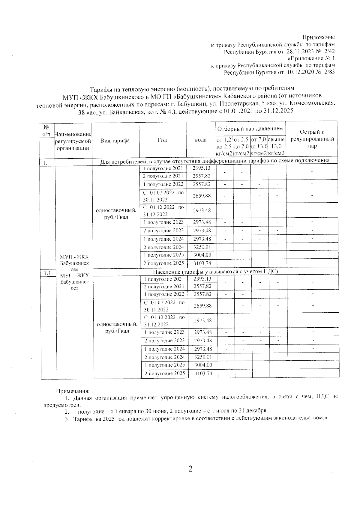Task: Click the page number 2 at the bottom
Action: coord(190,469)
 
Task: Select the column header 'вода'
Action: coord(201,140)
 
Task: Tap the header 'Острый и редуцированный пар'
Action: coord(312,139)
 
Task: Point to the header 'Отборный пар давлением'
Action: coord(250,129)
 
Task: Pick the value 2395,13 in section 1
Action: coord(201,168)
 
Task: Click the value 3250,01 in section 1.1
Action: coord(203,357)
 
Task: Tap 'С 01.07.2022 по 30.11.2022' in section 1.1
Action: coord(164,306)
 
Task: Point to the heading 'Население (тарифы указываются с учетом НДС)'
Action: coord(215,272)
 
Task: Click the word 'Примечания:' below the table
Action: coord(73,391)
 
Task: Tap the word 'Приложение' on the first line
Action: coord(318,37)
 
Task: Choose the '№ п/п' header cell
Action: coord(46,131)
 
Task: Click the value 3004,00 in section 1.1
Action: coord(203,365)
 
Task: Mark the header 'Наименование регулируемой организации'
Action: coord(73,141)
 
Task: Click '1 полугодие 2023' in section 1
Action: coord(163,222)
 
